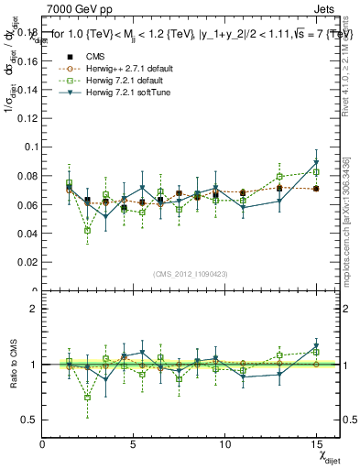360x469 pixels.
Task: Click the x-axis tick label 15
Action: pos(316,445)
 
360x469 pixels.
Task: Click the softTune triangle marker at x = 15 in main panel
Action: pos(316,162)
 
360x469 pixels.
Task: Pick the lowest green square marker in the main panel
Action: pos(87,231)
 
